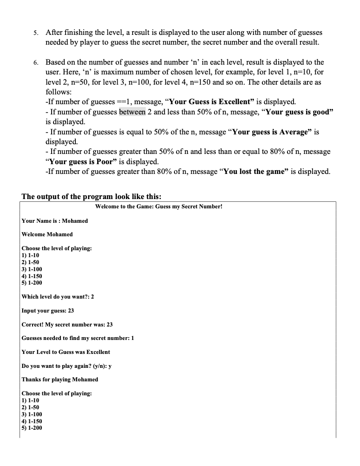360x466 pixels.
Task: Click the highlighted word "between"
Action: (133, 112)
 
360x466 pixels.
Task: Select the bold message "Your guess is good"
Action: (300, 112)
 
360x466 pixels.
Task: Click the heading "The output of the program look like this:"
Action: (92, 196)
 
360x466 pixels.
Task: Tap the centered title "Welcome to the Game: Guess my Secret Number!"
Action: (159, 206)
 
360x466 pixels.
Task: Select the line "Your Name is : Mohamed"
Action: (55, 221)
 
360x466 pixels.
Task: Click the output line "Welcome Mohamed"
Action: (47, 234)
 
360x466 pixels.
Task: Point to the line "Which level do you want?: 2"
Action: (58, 297)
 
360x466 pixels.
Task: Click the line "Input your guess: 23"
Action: (48, 311)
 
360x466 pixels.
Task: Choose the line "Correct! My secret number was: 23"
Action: (67, 325)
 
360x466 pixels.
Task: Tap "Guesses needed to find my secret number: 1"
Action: (78, 338)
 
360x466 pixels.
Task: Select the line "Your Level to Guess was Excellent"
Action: (66, 352)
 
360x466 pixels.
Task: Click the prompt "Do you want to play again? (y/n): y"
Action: (67, 366)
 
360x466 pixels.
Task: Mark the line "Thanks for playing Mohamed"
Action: (60, 379)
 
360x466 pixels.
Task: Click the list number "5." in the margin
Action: (36, 33)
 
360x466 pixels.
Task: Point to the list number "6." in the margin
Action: (36, 62)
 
